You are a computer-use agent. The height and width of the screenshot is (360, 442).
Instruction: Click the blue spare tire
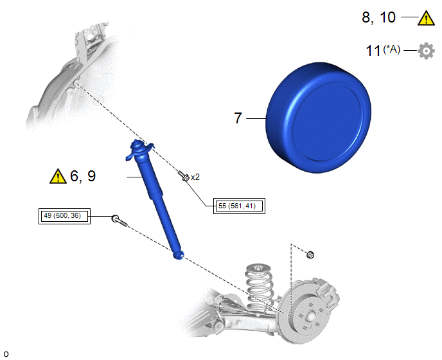(319, 118)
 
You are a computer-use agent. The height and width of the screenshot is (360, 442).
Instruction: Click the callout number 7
(238, 118)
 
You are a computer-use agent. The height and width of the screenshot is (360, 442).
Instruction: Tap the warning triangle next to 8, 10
(426, 18)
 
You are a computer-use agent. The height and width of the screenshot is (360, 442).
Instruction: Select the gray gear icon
(426, 51)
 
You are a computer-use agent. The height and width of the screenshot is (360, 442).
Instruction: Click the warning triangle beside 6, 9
(58, 176)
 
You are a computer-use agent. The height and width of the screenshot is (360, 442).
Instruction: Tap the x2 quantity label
(195, 177)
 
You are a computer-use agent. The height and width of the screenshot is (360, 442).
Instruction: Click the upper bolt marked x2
(184, 175)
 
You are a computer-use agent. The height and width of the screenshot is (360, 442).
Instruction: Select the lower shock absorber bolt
(119, 221)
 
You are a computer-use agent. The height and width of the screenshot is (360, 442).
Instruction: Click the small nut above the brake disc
(310, 255)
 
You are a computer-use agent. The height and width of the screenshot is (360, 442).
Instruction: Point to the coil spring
(258, 288)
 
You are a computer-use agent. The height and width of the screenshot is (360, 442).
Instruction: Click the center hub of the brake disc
(311, 316)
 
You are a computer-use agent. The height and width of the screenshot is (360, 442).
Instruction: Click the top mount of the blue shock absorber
(139, 150)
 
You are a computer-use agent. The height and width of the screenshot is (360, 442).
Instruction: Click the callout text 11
(373, 51)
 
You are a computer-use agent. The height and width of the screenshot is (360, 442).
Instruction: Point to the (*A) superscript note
(391, 50)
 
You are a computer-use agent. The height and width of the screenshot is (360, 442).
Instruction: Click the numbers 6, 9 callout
(83, 175)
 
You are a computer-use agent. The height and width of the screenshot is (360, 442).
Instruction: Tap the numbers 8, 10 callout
(379, 17)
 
